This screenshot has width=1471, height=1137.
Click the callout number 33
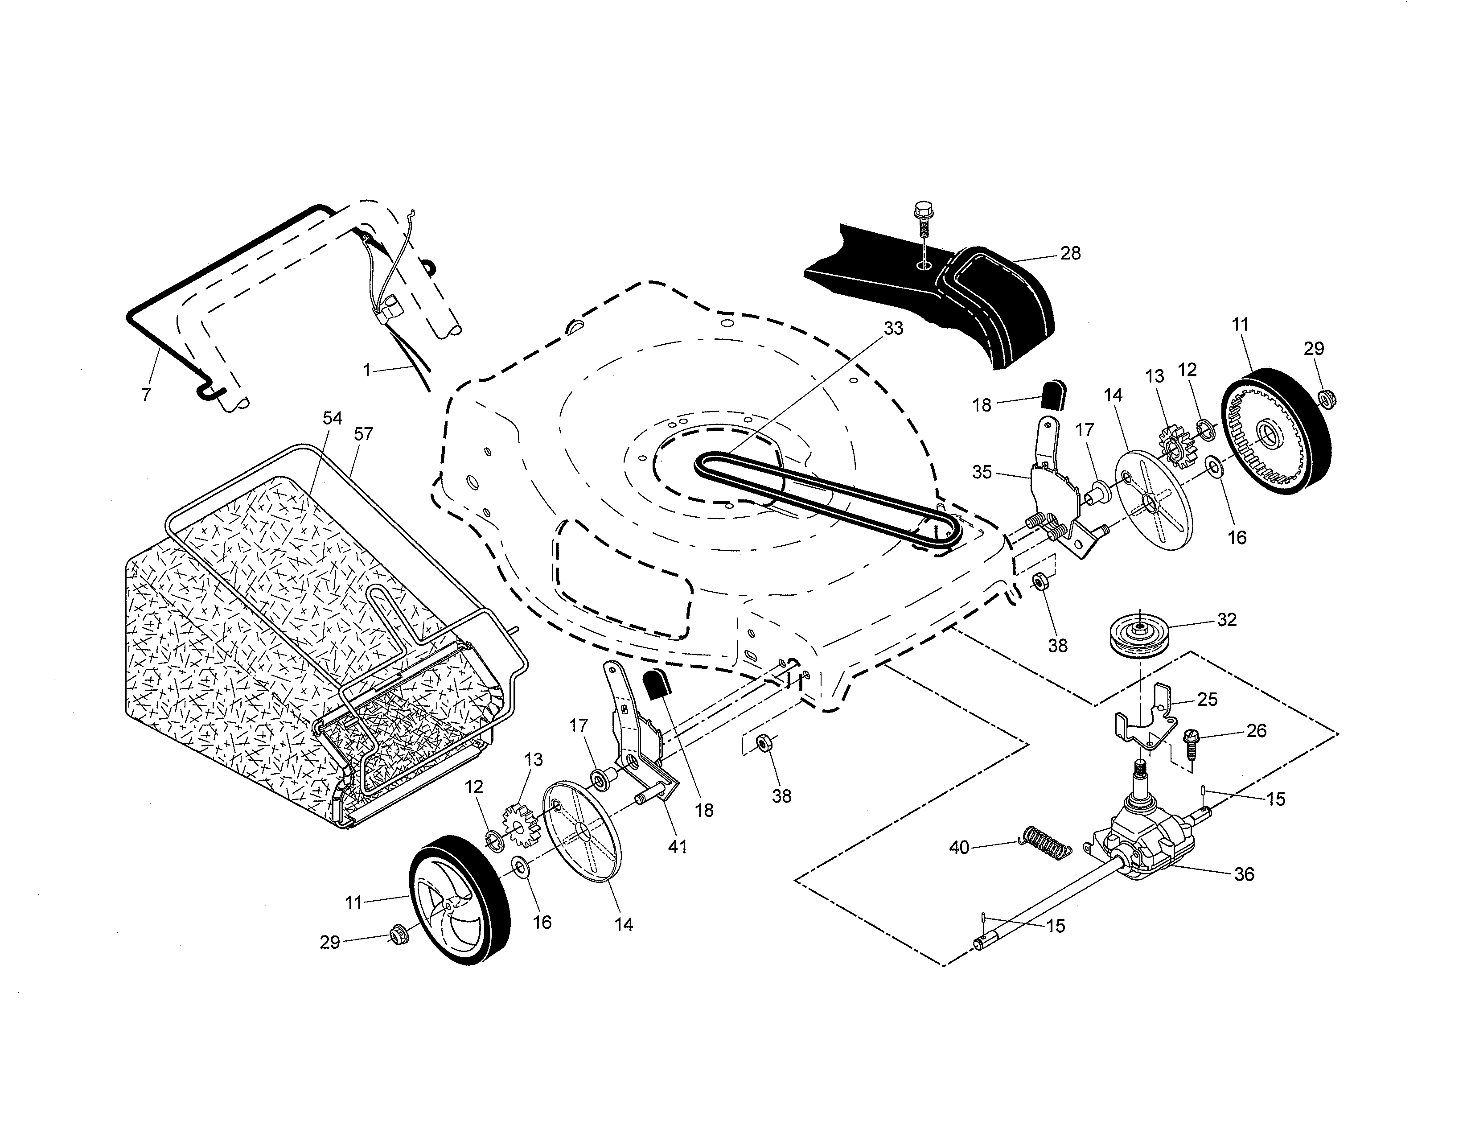click(x=893, y=328)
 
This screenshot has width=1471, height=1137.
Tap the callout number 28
click(x=1070, y=253)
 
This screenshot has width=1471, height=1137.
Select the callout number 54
click(x=332, y=418)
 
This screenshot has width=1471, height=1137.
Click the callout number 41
click(x=677, y=847)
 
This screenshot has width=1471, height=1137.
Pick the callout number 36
click(x=1244, y=874)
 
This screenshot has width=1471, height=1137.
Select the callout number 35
click(x=982, y=472)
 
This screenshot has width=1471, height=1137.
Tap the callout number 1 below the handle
click(x=367, y=370)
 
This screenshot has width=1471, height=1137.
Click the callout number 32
click(x=1227, y=620)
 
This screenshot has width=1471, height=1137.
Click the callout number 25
click(x=1208, y=699)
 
